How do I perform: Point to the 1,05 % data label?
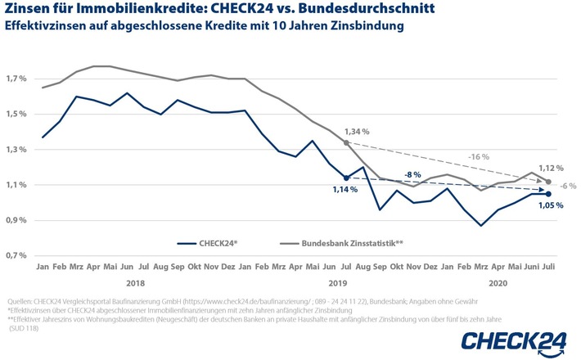[550, 205]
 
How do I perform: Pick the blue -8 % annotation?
[414, 174]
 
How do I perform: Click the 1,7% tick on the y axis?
[16, 79]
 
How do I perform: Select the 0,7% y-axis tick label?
[16, 256]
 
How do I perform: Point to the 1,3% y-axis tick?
[16, 150]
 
